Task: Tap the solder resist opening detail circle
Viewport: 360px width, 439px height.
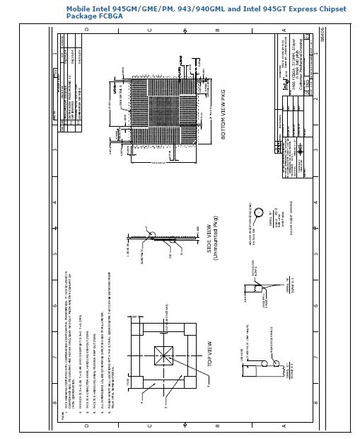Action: click(x=259, y=212)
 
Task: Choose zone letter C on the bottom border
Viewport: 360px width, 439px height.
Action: click(x=149, y=426)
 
